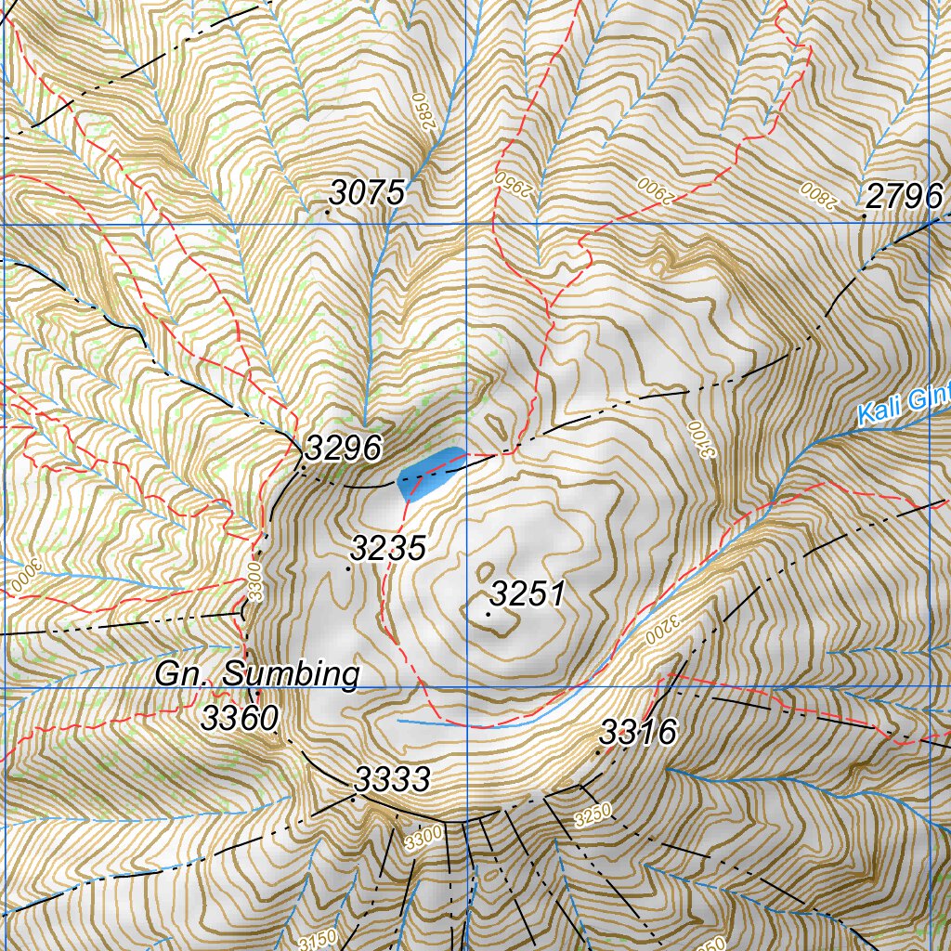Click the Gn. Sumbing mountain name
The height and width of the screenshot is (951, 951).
click(256, 674)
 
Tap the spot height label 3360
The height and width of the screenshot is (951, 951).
click(240, 718)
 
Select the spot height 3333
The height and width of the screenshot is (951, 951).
click(393, 780)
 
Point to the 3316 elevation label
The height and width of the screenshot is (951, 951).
click(637, 733)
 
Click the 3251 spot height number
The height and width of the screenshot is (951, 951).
click(528, 593)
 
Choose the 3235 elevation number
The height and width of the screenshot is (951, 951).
click(388, 548)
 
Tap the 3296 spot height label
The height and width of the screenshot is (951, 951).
click(343, 449)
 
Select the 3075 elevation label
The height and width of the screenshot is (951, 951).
click(368, 193)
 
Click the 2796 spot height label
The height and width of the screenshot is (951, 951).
click(905, 196)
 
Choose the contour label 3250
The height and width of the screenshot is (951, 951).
click(593, 815)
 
